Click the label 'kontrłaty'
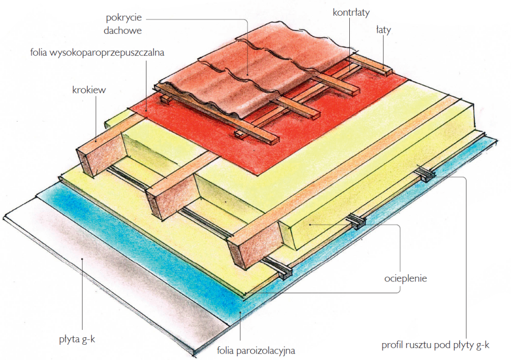pyautogui.click(x=351, y=13)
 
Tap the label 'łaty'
pyautogui.click(x=384, y=30)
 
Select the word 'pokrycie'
pyautogui.click(x=124, y=17)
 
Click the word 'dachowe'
pyautogui.click(x=123, y=31)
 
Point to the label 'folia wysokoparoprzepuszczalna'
pyautogui.click(x=97, y=52)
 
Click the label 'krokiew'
pyautogui.click(x=89, y=90)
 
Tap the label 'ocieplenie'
pyautogui.click(x=406, y=278)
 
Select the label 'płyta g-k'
pyautogui.click(x=77, y=339)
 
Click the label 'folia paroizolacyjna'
pyautogui.click(x=256, y=351)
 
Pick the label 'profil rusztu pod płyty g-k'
pyautogui.click(x=435, y=345)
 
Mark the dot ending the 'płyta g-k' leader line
pyautogui.click(x=82, y=259)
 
